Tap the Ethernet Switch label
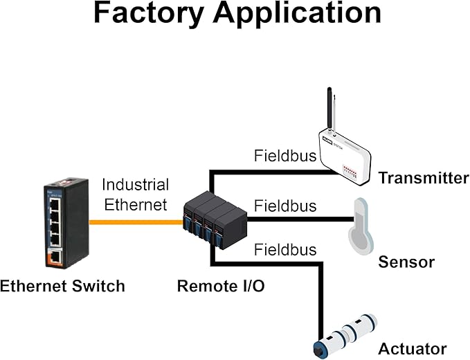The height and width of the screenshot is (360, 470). click(62, 285)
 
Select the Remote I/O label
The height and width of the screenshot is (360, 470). click(221, 285)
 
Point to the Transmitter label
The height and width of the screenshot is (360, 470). click(423, 178)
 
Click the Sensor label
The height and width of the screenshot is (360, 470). click(406, 262)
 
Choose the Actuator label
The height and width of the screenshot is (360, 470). click(412, 348)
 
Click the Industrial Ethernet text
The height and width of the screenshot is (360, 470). click(135, 195)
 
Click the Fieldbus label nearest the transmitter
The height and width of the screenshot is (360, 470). click(285, 156)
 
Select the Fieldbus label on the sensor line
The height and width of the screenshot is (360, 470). click(285, 206)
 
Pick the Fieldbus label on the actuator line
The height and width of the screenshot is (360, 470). click(285, 249)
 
